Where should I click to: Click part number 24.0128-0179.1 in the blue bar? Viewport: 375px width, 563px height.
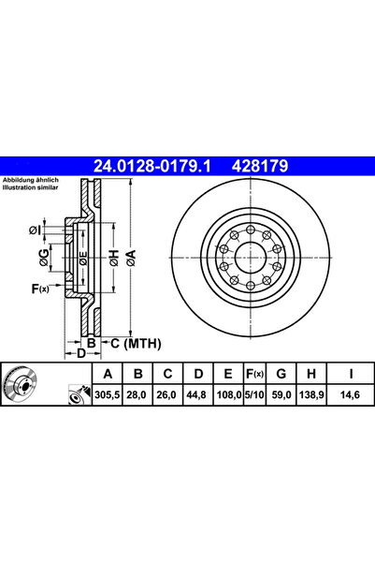point(151,167)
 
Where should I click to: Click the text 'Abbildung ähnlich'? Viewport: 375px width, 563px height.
point(31,180)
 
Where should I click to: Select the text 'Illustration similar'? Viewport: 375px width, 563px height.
point(32,187)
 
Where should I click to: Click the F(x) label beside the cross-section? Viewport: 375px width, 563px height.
point(39,289)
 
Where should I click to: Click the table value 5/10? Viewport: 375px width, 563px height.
point(252,396)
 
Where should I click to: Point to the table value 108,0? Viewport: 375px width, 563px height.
point(224,396)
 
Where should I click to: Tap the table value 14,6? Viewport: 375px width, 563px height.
point(351,396)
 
